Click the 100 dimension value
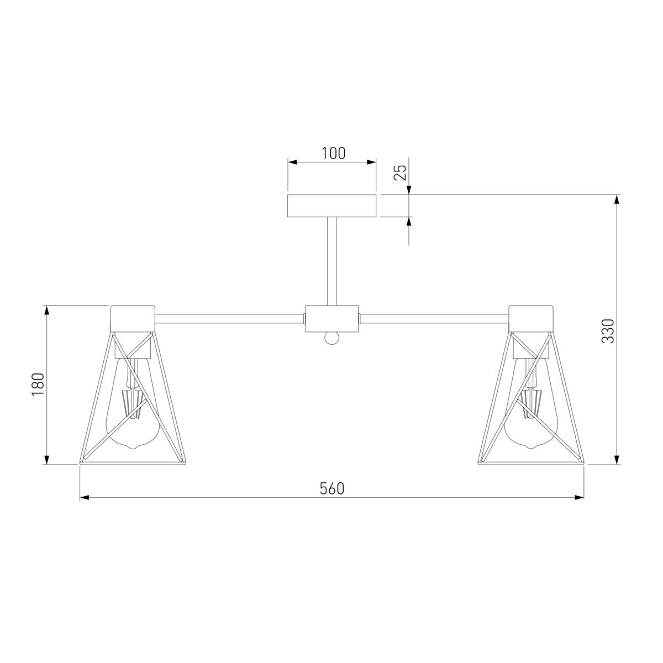click(333, 154)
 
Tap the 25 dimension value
click(400, 173)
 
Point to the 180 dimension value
click(38, 385)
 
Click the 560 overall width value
click(332, 488)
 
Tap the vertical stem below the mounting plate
click(331, 261)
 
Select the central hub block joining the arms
click(331, 318)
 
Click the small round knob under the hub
click(331, 338)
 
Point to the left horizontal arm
click(230, 318)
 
